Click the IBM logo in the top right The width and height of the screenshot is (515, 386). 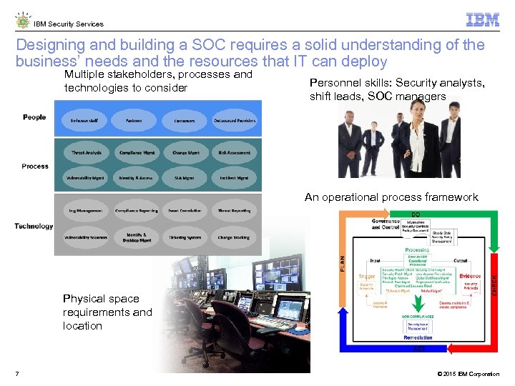pos(482,20)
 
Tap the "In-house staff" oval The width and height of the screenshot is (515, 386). pos(84,121)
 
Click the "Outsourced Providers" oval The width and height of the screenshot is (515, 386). pos(234,121)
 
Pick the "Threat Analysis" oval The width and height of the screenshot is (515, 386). pos(87,153)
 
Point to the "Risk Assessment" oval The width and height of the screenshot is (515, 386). pos(234,153)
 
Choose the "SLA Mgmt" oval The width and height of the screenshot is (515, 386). pos(184,178)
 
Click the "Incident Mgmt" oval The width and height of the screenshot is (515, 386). pos(234,178)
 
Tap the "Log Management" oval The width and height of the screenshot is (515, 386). pos(87,211)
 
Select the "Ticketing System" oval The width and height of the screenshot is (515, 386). pos(185,237)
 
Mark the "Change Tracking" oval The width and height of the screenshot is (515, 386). pos(234,237)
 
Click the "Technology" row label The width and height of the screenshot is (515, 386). pos(34,227)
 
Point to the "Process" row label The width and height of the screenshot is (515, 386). pos(35,167)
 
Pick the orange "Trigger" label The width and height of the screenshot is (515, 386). pos(367,277)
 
